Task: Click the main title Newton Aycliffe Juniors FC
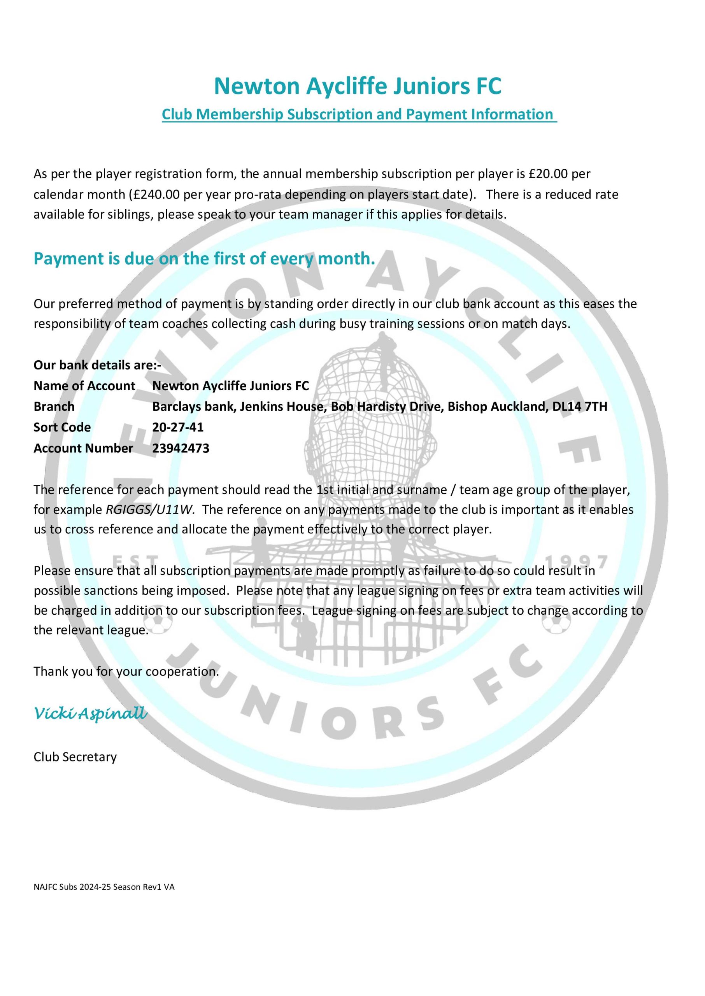tap(357, 86)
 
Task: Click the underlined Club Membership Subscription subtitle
tap(359, 114)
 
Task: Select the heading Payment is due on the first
tap(204, 259)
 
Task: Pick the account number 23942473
tap(181, 448)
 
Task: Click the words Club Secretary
tap(75, 757)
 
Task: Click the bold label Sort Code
tap(62, 428)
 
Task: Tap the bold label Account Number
tap(83, 448)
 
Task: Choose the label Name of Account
tap(84, 386)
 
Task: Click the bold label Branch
tap(54, 407)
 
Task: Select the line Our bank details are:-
tap(97, 365)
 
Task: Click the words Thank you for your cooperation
tap(126, 672)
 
